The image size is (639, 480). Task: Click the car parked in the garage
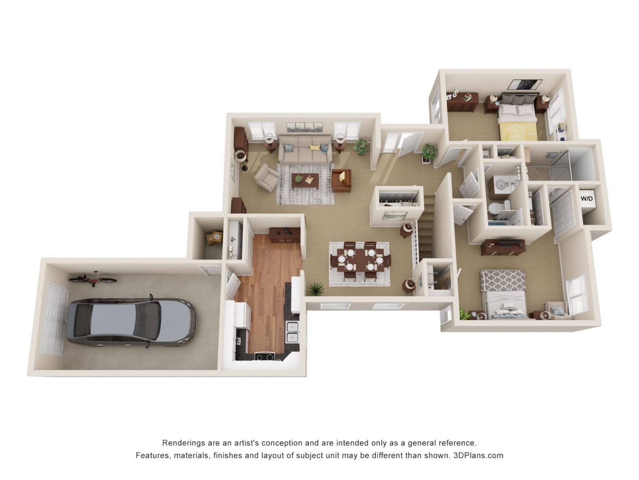[x=130, y=322]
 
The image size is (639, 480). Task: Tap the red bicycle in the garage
[x=93, y=279]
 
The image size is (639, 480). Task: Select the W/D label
[x=586, y=199]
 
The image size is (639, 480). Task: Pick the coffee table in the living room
[x=305, y=180]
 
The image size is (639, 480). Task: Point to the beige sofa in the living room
[x=305, y=149]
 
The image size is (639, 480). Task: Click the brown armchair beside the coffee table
[x=342, y=180]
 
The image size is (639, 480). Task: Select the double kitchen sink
[x=292, y=331]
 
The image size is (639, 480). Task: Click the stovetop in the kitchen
[x=265, y=357]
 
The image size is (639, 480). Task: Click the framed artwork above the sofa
[x=304, y=127]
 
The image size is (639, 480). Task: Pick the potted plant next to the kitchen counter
[x=315, y=289]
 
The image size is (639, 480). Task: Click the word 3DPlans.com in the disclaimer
[x=478, y=455]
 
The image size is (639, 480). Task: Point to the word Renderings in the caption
[x=182, y=443]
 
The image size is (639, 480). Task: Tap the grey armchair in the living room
[x=267, y=177]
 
